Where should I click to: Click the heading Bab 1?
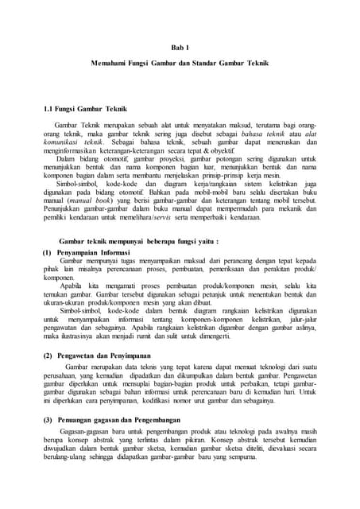coord(180,49)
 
